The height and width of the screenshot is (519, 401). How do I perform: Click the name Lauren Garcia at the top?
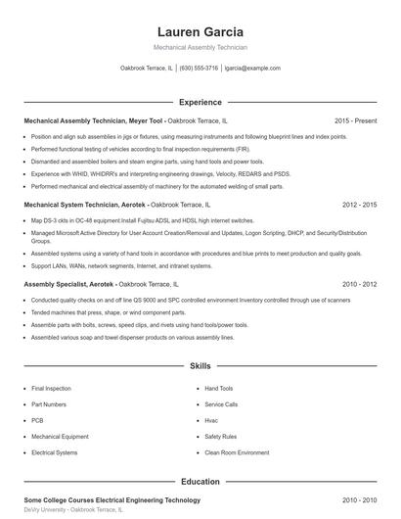pos(200,31)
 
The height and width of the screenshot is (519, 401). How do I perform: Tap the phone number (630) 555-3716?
pos(199,69)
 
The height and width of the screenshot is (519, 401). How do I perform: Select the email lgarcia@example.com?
pos(252,69)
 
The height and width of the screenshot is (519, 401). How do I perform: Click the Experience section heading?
pos(200,102)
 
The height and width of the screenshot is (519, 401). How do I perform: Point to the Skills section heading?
pos(200,365)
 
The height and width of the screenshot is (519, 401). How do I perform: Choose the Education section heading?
pos(200,482)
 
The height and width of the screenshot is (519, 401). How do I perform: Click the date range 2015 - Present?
pos(355,120)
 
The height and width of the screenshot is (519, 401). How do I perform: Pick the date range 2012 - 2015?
pos(359,205)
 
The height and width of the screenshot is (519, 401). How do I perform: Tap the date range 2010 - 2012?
pos(359,284)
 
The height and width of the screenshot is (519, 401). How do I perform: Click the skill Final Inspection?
pos(51,389)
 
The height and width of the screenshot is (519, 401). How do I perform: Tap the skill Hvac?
pos(211,420)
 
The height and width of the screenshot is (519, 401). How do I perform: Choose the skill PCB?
pos(37,420)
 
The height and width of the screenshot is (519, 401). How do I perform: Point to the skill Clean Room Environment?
pos(237,452)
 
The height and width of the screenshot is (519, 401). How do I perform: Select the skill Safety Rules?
pos(220,437)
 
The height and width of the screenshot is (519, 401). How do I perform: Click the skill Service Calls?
pos(221,404)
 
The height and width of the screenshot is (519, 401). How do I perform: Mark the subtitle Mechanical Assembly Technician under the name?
pos(200,47)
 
